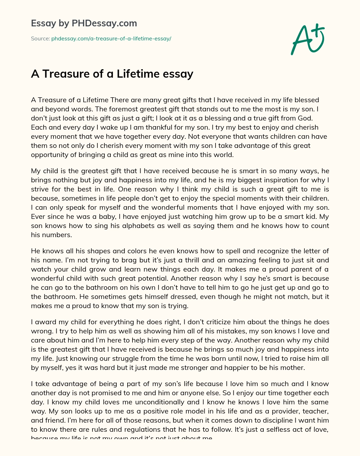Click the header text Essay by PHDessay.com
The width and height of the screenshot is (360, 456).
click(x=84, y=23)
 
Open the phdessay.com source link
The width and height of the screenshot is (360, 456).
click(x=111, y=39)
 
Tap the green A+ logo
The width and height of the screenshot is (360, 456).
click(x=308, y=40)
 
